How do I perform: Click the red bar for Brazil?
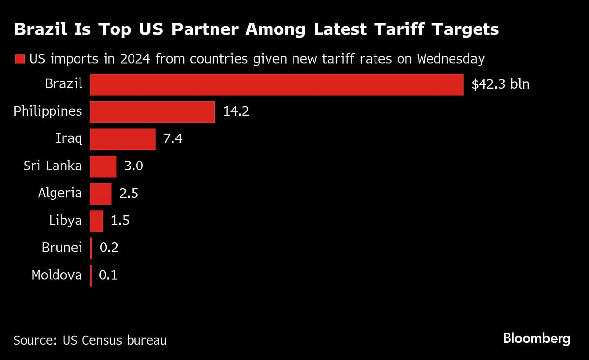coord(277,84)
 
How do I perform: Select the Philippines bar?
coord(153,112)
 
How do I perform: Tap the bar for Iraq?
coord(123,139)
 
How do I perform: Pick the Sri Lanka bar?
coord(104,166)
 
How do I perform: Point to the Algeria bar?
coord(101,194)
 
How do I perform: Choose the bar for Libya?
coord(97,221)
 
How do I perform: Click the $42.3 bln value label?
coord(500,84)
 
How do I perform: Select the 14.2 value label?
coord(236,112)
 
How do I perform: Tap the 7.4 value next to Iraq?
coord(172,139)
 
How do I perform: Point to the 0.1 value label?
coord(108,276)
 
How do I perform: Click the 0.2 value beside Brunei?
coord(108,248)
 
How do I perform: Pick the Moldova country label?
coord(56,275)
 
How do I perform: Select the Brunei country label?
coord(61,248)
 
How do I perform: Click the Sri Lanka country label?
coord(53,166)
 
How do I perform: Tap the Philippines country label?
coord(48,111)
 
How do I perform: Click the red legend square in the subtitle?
coord(20,60)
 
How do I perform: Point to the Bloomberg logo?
coord(536,338)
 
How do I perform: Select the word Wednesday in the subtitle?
coord(451,59)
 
